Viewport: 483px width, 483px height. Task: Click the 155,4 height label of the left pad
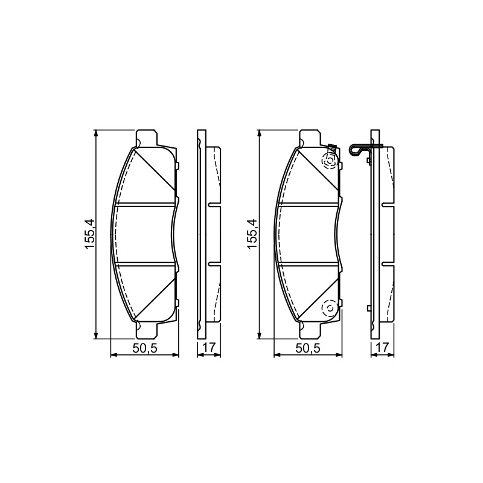89,234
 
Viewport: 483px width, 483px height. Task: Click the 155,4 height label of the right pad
252,234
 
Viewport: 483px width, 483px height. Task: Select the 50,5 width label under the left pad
145,348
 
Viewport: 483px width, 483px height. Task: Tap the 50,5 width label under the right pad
308,348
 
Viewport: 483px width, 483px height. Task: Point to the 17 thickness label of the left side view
209,348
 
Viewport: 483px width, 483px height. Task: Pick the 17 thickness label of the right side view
383,348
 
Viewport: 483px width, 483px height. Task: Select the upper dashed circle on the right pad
330,161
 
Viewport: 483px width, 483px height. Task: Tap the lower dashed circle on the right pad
330,309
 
